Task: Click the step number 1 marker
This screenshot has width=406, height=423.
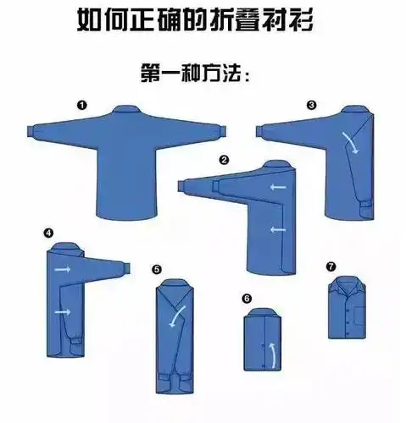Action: pyautogui.click(x=81, y=105)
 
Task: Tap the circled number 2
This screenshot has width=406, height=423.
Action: pyautogui.click(x=224, y=159)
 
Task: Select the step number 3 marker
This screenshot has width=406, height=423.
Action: pyautogui.click(x=311, y=105)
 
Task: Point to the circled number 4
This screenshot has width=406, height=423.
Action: pyautogui.click(x=48, y=232)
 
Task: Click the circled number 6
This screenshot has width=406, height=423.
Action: pyautogui.click(x=247, y=298)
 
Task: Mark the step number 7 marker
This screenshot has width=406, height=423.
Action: pyautogui.click(x=331, y=266)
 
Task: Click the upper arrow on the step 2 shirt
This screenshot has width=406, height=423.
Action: pyautogui.click(x=275, y=187)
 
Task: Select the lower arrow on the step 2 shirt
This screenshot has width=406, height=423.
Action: pyautogui.click(x=275, y=229)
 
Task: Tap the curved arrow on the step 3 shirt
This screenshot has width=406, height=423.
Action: pyautogui.click(x=347, y=140)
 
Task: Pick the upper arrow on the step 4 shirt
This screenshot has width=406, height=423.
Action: pyautogui.click(x=63, y=269)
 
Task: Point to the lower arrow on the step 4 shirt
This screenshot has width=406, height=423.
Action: pyautogui.click(x=63, y=312)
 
